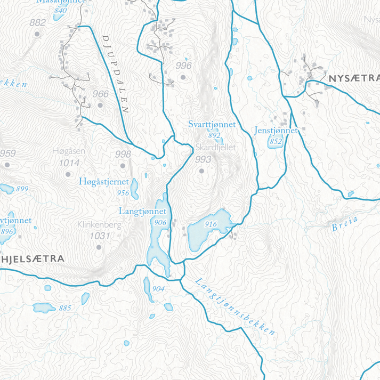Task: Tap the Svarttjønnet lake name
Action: (212, 124)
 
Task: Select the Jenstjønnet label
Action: (276, 131)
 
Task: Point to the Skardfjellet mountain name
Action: (216, 147)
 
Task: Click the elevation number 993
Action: (203, 159)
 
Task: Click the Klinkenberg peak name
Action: (100, 224)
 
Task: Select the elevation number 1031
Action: (100, 236)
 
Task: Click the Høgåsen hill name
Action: (69, 151)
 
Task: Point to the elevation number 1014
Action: (69, 163)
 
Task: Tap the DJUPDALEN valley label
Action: (115, 74)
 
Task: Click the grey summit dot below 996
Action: (183, 77)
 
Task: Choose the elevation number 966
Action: (100, 94)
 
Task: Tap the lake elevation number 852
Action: (276, 142)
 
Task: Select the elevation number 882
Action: (38, 22)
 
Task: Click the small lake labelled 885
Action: (44, 308)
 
